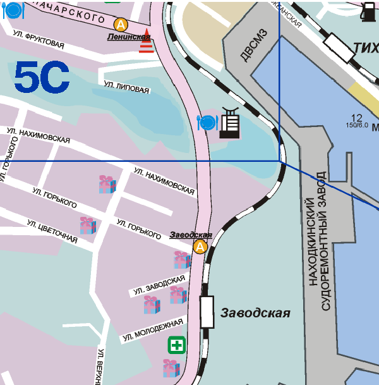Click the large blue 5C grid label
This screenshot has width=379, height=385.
point(42,77)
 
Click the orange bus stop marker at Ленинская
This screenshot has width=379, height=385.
point(120,25)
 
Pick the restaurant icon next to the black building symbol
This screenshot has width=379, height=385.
point(207,122)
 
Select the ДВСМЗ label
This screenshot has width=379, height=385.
point(250,47)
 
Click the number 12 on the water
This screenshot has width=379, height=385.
point(356,118)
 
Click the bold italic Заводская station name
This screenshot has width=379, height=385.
point(255,313)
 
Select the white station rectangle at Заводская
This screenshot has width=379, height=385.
point(207,312)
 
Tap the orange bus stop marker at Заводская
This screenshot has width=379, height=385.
point(200,246)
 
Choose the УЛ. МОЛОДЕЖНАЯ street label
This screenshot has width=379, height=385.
point(152,331)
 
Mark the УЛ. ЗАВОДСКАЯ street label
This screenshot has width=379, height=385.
point(159,285)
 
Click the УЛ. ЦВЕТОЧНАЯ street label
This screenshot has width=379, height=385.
point(52,231)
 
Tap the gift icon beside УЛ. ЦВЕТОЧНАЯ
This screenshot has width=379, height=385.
point(88,225)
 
